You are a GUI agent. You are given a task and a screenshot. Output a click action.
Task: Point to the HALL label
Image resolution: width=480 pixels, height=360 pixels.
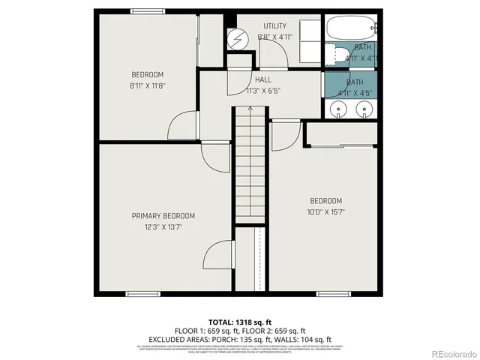(262, 79)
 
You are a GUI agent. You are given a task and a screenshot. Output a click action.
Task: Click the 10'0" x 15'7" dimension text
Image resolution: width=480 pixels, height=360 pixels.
(326, 211)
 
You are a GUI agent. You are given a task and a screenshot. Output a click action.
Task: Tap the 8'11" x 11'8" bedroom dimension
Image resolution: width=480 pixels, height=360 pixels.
(147, 86)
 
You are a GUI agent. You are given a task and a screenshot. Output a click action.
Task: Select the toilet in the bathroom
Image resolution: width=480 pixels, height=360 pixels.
(340, 54)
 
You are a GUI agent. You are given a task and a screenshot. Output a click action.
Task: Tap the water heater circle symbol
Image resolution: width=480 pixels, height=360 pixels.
(236, 37)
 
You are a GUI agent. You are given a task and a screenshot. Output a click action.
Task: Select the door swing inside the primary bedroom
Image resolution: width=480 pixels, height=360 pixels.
(215, 255)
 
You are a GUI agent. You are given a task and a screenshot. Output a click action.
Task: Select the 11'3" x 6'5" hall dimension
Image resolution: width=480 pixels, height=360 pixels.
(262, 91)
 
